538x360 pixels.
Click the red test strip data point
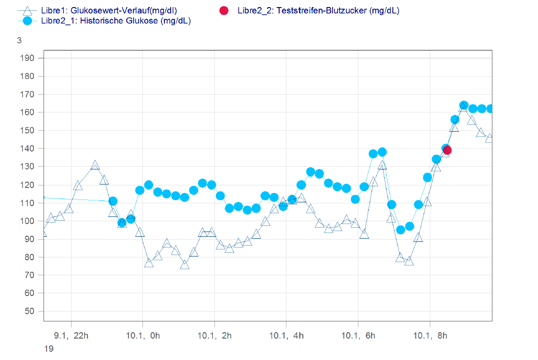point(447,150)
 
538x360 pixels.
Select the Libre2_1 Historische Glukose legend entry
point(116,21)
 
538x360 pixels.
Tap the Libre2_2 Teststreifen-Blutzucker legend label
point(318,10)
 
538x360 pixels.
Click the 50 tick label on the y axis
point(30,311)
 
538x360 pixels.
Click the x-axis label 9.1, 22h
point(71,336)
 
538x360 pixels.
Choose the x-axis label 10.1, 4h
point(285,336)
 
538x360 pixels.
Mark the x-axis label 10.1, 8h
point(429,336)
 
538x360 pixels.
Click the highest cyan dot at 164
point(464,105)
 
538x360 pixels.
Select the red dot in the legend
point(224,10)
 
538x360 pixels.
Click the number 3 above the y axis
point(19,40)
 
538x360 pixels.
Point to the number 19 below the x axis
point(48,349)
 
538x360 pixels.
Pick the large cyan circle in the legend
point(27,21)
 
